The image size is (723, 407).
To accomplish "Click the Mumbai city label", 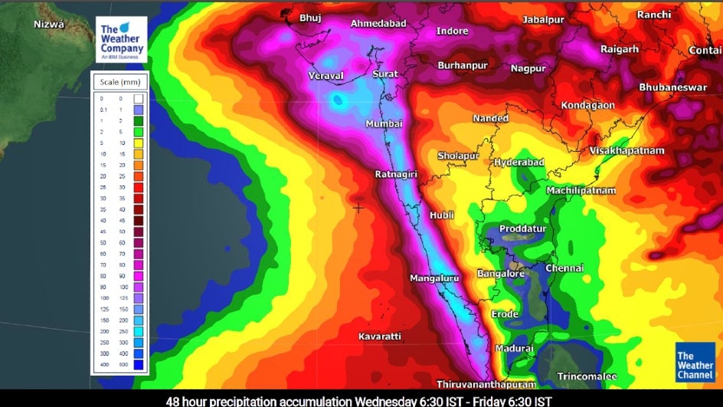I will [384, 124].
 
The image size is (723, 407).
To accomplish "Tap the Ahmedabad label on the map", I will [378, 24].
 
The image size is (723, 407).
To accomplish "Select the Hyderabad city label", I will [519, 162].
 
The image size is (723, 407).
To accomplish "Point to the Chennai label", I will [564, 268].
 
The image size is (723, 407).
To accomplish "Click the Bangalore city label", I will [501, 274].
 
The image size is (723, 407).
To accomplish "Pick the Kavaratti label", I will [380, 336].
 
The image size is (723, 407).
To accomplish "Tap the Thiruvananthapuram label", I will [486, 383].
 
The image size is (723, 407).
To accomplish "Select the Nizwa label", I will [51, 25].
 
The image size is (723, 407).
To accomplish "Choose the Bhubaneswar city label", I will [673, 87].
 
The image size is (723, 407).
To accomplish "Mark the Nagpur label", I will [528, 68].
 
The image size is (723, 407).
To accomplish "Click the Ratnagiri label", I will [395, 175].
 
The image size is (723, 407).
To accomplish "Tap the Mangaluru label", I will [434, 278].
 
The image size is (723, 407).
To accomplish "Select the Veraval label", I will [326, 76].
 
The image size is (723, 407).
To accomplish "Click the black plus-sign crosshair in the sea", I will [358, 208].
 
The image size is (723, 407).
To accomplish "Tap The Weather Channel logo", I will [695, 361].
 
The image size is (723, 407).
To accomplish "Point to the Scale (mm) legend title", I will [119, 81].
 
